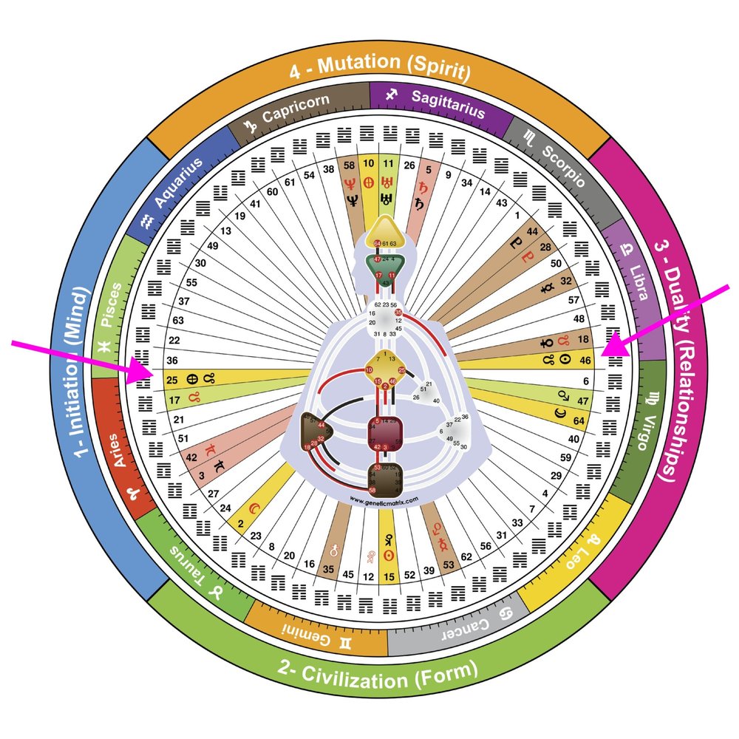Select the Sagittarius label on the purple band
coord(437,103)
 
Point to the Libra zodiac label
coord(631,273)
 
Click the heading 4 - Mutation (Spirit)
coord(379,72)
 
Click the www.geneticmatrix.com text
coord(379,500)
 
